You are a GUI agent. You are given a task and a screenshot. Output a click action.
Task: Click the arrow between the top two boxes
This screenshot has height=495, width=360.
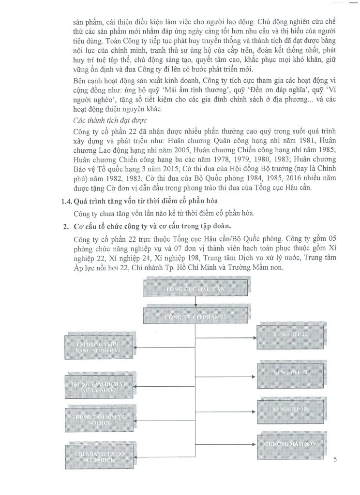click(x=195, y=303)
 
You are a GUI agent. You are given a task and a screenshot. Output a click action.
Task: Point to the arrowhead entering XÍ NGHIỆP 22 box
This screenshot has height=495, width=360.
click(x=255, y=334)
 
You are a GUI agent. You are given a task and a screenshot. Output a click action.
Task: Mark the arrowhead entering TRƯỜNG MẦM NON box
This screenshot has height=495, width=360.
click(x=255, y=443)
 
